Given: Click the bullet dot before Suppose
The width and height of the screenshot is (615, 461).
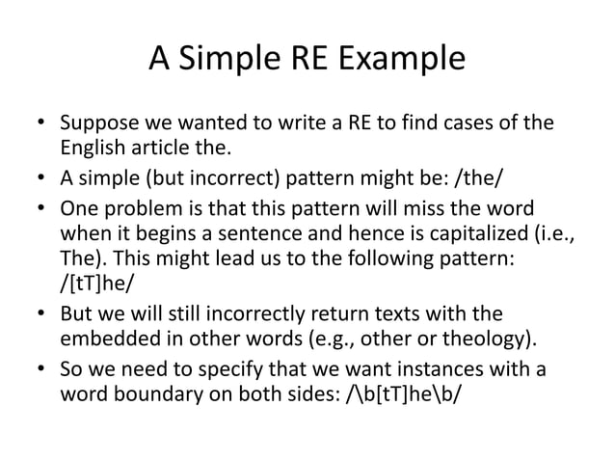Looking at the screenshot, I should (40, 126).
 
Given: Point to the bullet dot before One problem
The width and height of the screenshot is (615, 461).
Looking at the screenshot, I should (40, 208).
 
